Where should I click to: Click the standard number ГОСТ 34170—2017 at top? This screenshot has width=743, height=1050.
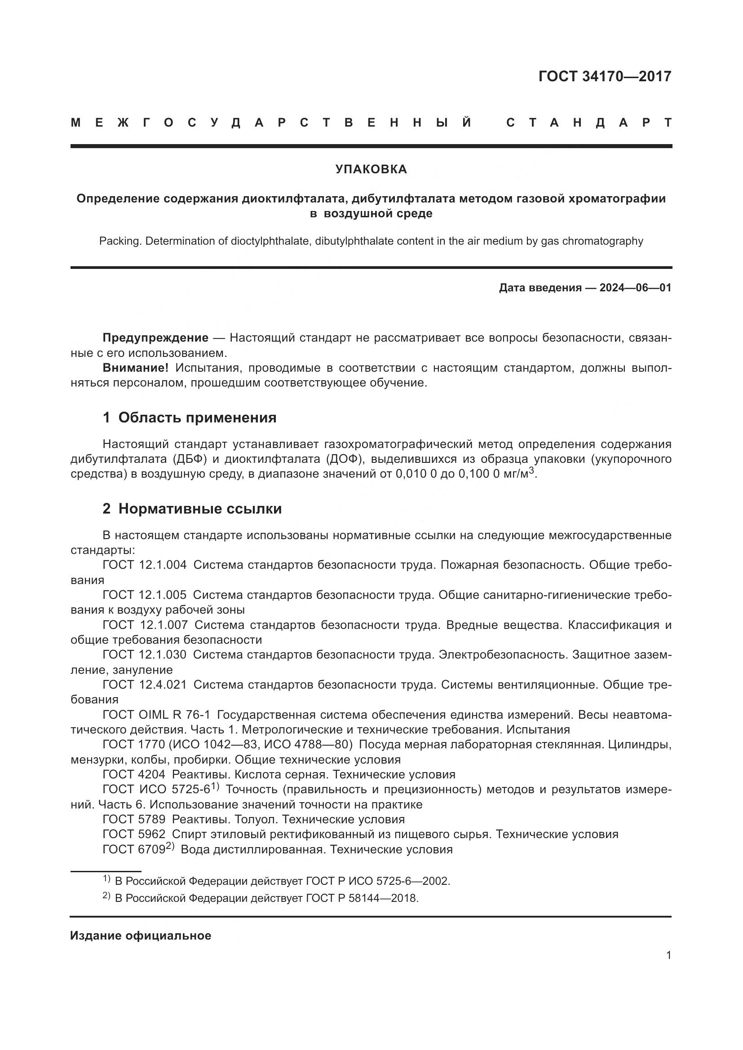tap(605, 76)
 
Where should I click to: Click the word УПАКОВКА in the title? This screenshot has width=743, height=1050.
tap(371, 169)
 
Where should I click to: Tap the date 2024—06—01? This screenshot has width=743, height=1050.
tap(635, 288)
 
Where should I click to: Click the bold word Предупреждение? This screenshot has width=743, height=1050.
tap(155, 338)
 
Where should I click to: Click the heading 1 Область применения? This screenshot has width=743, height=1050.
tap(190, 417)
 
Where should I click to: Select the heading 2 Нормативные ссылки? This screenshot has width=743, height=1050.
tap(192, 509)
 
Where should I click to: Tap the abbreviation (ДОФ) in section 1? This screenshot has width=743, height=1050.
tap(342, 459)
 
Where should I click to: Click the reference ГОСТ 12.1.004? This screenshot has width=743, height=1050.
tap(145, 565)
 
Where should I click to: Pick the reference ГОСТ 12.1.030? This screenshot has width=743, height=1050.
tap(145, 655)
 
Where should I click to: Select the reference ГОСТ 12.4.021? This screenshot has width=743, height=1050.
tap(145, 685)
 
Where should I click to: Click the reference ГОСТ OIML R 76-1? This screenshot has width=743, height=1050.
tap(156, 714)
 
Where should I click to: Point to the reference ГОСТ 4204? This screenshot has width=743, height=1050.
tap(133, 774)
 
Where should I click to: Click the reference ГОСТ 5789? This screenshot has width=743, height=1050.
tap(133, 819)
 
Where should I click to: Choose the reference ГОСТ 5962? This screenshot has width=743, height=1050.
tap(133, 834)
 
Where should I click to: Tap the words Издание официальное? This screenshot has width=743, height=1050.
tap(141, 936)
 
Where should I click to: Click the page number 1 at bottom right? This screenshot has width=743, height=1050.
tap(668, 955)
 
